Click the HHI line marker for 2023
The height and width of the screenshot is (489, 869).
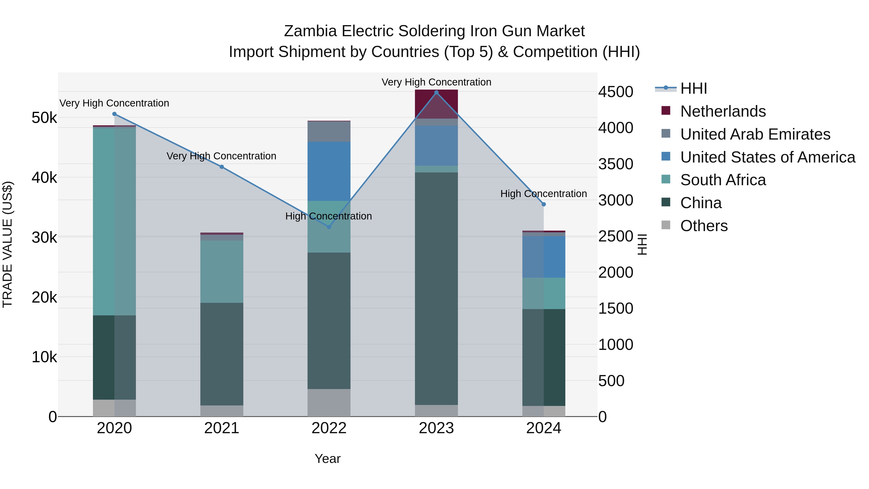click(x=436, y=92)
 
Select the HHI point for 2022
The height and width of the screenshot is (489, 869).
click(x=329, y=227)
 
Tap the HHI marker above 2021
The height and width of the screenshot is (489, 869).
click(x=222, y=167)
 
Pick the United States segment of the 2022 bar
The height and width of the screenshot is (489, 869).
click(x=329, y=171)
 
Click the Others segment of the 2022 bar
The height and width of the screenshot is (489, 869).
click(x=329, y=402)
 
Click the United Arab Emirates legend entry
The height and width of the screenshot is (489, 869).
click(x=755, y=134)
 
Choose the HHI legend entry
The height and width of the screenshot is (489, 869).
click(x=693, y=88)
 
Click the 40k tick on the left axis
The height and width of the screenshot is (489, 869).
click(x=44, y=177)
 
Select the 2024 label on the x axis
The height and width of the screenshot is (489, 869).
click(x=543, y=428)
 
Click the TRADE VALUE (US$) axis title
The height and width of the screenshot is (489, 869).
click(x=8, y=244)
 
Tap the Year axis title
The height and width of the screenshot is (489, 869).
click(x=328, y=459)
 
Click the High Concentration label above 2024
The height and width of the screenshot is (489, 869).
click(x=543, y=194)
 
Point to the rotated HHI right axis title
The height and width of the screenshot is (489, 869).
click(x=642, y=244)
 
